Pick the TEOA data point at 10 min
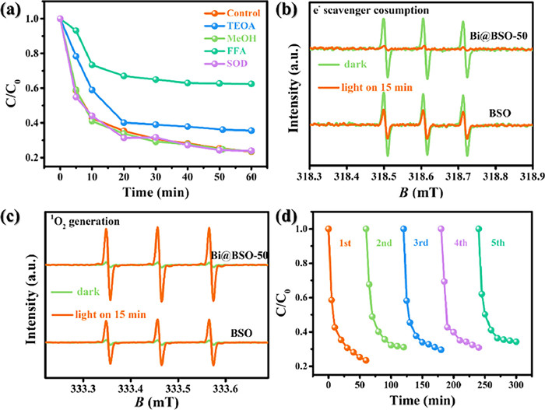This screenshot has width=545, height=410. pyautogui.click(x=92, y=89)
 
